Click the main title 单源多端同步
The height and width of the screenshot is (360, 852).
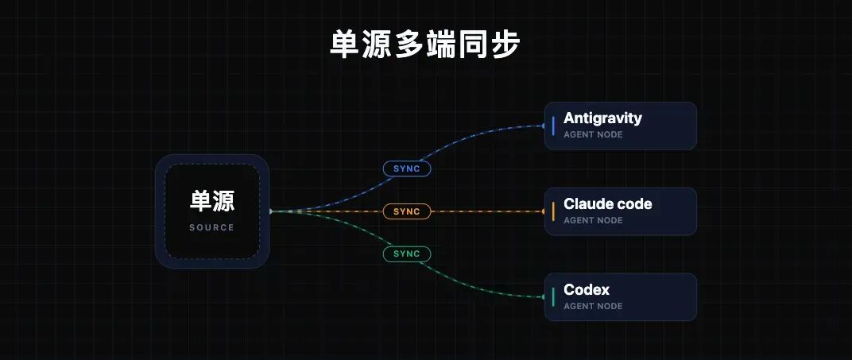pyautogui.click(x=425, y=44)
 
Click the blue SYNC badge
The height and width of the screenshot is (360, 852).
pyautogui.click(x=406, y=168)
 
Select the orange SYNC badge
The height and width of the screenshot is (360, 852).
pyautogui.click(x=406, y=211)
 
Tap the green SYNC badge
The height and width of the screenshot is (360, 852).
pyautogui.click(x=406, y=254)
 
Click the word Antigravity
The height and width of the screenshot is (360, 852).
pyautogui.click(x=602, y=118)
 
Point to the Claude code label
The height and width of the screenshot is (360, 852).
pyautogui.click(x=607, y=204)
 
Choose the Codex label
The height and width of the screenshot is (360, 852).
pyautogui.click(x=587, y=289)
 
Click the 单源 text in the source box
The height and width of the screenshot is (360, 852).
pyautogui.click(x=212, y=201)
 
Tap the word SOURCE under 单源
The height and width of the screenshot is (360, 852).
pyautogui.click(x=212, y=227)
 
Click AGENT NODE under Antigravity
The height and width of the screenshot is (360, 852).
pyautogui.click(x=593, y=134)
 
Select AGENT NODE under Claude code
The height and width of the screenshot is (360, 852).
pyautogui.click(x=593, y=220)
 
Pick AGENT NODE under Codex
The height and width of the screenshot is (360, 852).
pyautogui.click(x=593, y=306)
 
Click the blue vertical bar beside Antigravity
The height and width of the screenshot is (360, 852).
pyautogui.click(x=553, y=126)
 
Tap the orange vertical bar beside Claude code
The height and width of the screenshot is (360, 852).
pyautogui.click(x=553, y=211)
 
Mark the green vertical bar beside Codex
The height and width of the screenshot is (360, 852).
pyautogui.click(x=553, y=297)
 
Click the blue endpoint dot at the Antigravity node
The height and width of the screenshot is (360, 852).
pyautogui.click(x=544, y=126)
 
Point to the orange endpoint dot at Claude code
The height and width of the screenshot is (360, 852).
pyautogui.click(x=544, y=211)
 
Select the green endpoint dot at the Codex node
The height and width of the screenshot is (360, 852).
pyautogui.click(x=544, y=297)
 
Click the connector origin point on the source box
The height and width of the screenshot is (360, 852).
pyautogui.click(x=270, y=211)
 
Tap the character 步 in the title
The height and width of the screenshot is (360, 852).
pyautogui.click(x=505, y=44)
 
